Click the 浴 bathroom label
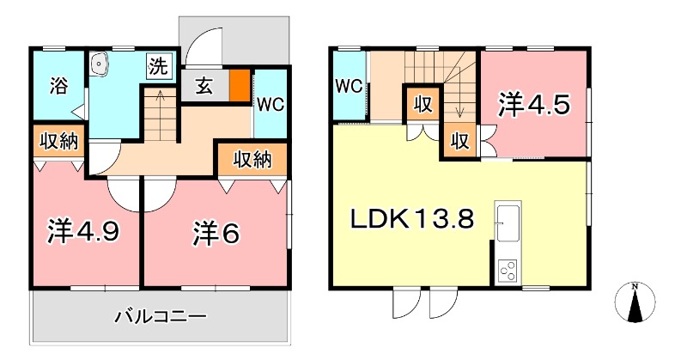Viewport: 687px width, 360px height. click(58, 86)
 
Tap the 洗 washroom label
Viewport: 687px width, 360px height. click(158, 65)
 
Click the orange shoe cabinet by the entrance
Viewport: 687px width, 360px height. click(240, 86)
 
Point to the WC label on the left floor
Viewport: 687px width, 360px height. click(271, 103)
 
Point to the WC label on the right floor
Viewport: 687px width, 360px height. click(348, 87)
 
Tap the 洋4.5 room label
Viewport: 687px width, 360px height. click(532, 106)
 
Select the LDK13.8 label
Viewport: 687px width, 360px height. click(411, 219)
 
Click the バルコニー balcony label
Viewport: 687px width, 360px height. click(161, 317)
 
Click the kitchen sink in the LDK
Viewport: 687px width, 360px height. click(508, 222)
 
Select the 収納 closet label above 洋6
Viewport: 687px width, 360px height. click(252, 159)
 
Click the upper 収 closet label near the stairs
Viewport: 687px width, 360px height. click(423, 104)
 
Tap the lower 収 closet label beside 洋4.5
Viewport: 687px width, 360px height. click(460, 140)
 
